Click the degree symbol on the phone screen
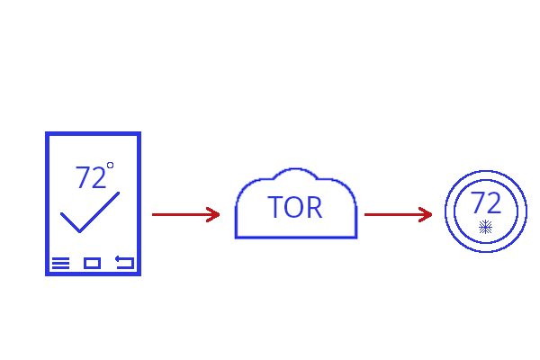[110, 166]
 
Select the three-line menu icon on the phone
[60, 263]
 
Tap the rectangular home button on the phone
[92, 263]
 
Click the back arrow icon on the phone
[124, 263]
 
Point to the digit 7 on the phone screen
[83, 178]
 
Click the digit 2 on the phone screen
[98, 178]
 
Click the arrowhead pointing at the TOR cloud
[214, 214]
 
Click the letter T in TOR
[275, 208]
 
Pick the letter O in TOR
[293, 208]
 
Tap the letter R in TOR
[313, 208]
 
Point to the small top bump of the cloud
[295, 173]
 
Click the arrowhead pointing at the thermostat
[427, 214]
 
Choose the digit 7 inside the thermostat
[478, 202]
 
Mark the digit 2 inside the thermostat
[493, 202]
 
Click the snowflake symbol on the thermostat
[486, 227]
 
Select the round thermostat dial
[486, 212]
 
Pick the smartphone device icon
[94, 203]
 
